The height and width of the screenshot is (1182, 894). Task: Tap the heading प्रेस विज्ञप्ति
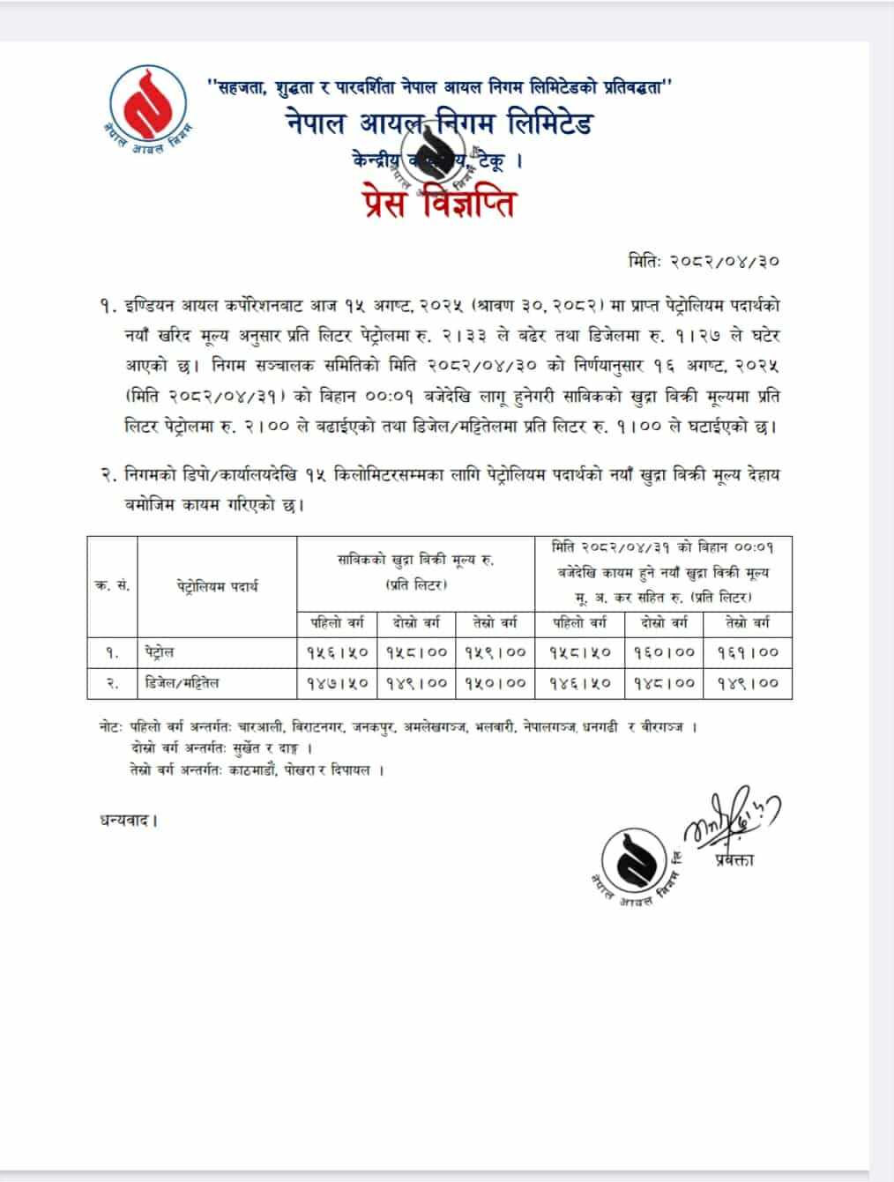[438, 203]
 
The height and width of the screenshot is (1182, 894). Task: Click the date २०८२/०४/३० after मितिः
[725, 262]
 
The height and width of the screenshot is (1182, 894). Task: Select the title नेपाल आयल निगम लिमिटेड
[438, 123]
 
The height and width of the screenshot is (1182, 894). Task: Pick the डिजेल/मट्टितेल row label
[183, 682]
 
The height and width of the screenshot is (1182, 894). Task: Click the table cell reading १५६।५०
[338, 652]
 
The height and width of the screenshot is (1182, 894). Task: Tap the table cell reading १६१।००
[748, 652]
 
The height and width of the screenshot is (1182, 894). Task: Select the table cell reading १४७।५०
[338, 682]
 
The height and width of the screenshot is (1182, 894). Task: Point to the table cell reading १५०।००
[495, 682]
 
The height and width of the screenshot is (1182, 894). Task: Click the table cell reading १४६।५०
[579, 682]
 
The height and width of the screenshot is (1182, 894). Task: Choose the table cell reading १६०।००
[664, 652]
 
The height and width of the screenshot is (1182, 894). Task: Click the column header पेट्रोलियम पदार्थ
[217, 586]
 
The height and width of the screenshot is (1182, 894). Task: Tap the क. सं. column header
[112, 586]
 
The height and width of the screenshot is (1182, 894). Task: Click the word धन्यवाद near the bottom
[128, 821]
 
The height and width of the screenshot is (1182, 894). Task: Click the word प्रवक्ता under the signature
[734, 859]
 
